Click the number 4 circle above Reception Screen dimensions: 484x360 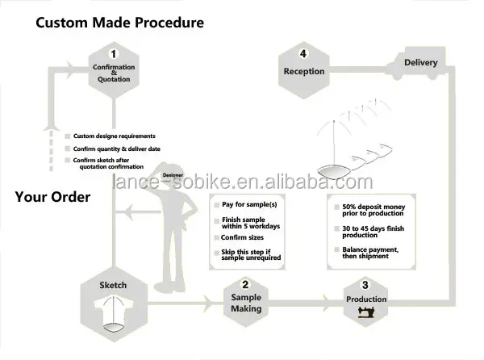point(303,54)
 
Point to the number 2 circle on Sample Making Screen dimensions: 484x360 point(245,283)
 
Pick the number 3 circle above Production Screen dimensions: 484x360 point(366,284)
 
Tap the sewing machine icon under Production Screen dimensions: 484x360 point(366,312)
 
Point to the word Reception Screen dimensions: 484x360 point(303,71)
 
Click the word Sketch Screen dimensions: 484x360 point(113,285)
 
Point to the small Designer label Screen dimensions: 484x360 point(172,174)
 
